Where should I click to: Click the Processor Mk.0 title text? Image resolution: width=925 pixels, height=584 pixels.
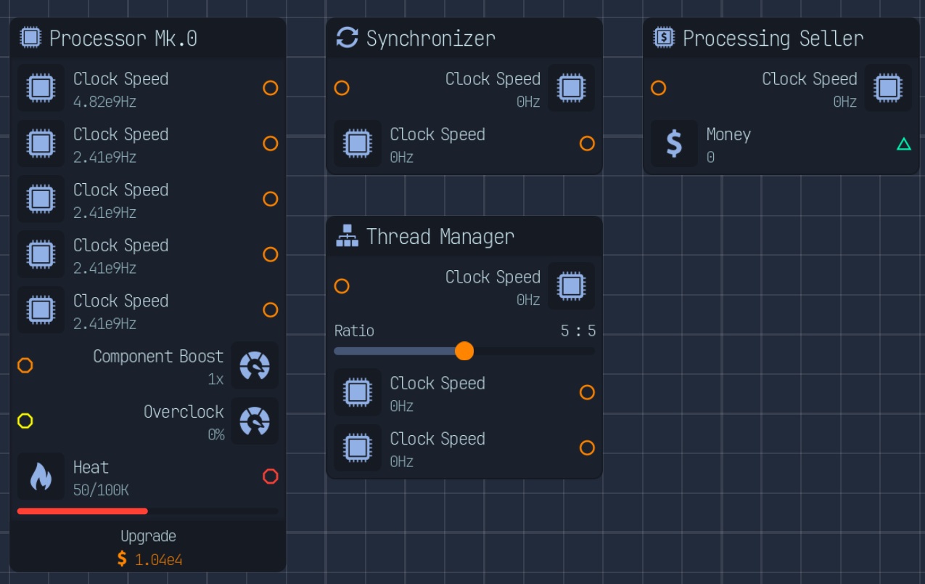(x=123, y=38)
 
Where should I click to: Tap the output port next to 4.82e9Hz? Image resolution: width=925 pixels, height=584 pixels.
(x=271, y=88)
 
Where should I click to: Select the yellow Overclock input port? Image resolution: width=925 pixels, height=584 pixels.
(x=25, y=421)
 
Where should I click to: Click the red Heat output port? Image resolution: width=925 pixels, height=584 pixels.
(x=271, y=476)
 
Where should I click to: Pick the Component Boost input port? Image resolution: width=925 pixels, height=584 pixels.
(x=25, y=365)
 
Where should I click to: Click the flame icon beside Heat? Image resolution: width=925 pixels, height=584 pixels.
(x=41, y=476)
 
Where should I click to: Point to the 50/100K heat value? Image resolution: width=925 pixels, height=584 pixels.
(x=101, y=490)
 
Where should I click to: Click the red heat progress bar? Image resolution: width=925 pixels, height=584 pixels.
(x=83, y=511)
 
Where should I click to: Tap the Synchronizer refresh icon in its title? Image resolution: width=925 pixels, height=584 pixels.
(x=347, y=38)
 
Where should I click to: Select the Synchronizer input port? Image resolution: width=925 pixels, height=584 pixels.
(x=342, y=88)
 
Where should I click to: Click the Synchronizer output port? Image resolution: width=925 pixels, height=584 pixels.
(x=587, y=143)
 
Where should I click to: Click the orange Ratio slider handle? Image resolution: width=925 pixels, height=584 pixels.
(x=464, y=352)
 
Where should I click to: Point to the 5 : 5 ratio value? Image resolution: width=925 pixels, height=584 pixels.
(x=578, y=331)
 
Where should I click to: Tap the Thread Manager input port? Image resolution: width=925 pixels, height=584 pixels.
(x=342, y=286)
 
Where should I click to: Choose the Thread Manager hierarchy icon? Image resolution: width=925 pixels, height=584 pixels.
(x=347, y=236)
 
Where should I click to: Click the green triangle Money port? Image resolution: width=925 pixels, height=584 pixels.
(x=904, y=144)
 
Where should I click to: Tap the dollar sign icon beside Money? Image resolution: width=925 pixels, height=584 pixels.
(x=674, y=143)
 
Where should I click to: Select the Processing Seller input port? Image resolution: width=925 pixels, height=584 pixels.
(x=658, y=88)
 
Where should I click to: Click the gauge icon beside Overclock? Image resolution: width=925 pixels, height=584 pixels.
(x=255, y=421)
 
